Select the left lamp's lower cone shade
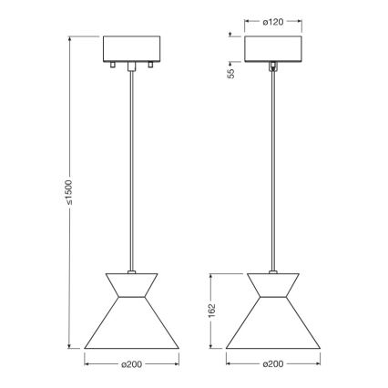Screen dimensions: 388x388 coord(132,327)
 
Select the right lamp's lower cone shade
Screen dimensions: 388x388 coord(273,327)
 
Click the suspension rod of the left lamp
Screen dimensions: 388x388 coord(132,164)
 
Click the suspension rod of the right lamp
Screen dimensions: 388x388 coord(274,164)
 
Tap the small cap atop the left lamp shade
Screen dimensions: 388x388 coord(132,270)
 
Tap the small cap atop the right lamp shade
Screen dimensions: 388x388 coord(274,270)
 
